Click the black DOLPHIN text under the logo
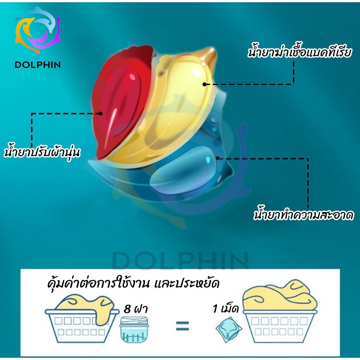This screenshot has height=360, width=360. coord(38,65)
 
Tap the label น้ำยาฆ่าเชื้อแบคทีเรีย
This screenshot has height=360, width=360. coord(300,52)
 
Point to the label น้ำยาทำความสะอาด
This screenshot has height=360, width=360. coord(303,215)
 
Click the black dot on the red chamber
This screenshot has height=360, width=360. coord(100,113)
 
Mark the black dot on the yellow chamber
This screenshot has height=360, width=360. coord(205,84)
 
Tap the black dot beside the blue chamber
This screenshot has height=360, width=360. coord(217,158)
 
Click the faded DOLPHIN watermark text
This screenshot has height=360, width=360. coord(180,261)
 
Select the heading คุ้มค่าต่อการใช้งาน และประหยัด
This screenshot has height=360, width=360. coord(133,283)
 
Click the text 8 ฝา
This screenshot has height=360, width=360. coord(135,309)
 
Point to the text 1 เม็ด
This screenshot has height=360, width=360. coord(225,309)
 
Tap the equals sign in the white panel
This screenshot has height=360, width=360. coord(182,326)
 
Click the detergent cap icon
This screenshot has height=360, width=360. coord(134,330)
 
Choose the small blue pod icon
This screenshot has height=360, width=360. coord(229,329)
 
